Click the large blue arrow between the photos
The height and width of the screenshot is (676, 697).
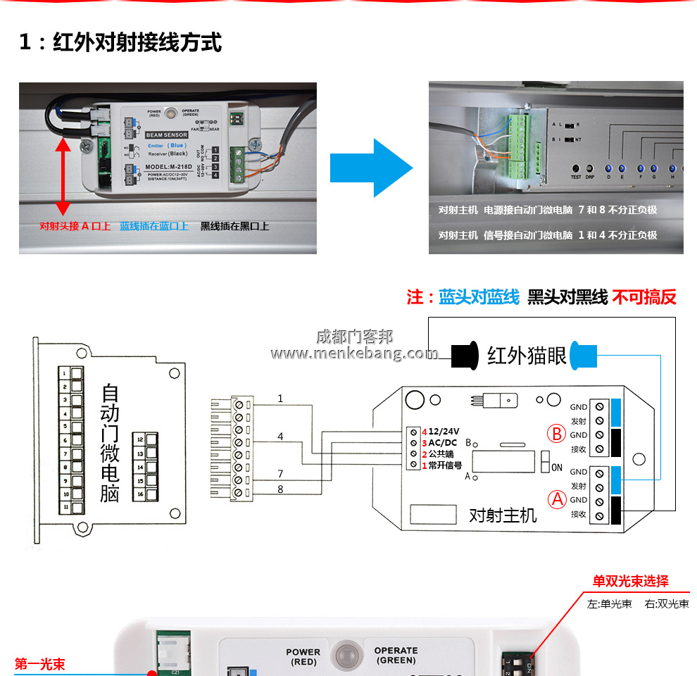[x=372, y=168]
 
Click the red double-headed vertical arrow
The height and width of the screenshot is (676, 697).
[x=63, y=176]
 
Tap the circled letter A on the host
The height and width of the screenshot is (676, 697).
[x=558, y=500]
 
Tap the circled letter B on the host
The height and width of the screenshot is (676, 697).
[x=558, y=434]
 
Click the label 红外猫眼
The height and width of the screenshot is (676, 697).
[x=527, y=356]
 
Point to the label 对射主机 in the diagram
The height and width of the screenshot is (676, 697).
[x=503, y=515]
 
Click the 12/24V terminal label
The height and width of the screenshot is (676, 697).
[x=444, y=432]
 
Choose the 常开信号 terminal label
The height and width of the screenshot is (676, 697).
[x=445, y=465]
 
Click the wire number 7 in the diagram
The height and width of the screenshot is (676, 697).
[x=280, y=474]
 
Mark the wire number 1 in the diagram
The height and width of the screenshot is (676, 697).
[x=280, y=399]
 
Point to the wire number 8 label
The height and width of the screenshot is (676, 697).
[x=280, y=488]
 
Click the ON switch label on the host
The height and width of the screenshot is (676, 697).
[x=557, y=468]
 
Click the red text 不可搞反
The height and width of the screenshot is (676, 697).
[x=644, y=297]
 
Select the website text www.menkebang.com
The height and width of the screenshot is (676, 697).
[x=354, y=353]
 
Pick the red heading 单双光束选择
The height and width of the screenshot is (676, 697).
[x=630, y=582]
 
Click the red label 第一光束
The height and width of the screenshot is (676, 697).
[x=39, y=664]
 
